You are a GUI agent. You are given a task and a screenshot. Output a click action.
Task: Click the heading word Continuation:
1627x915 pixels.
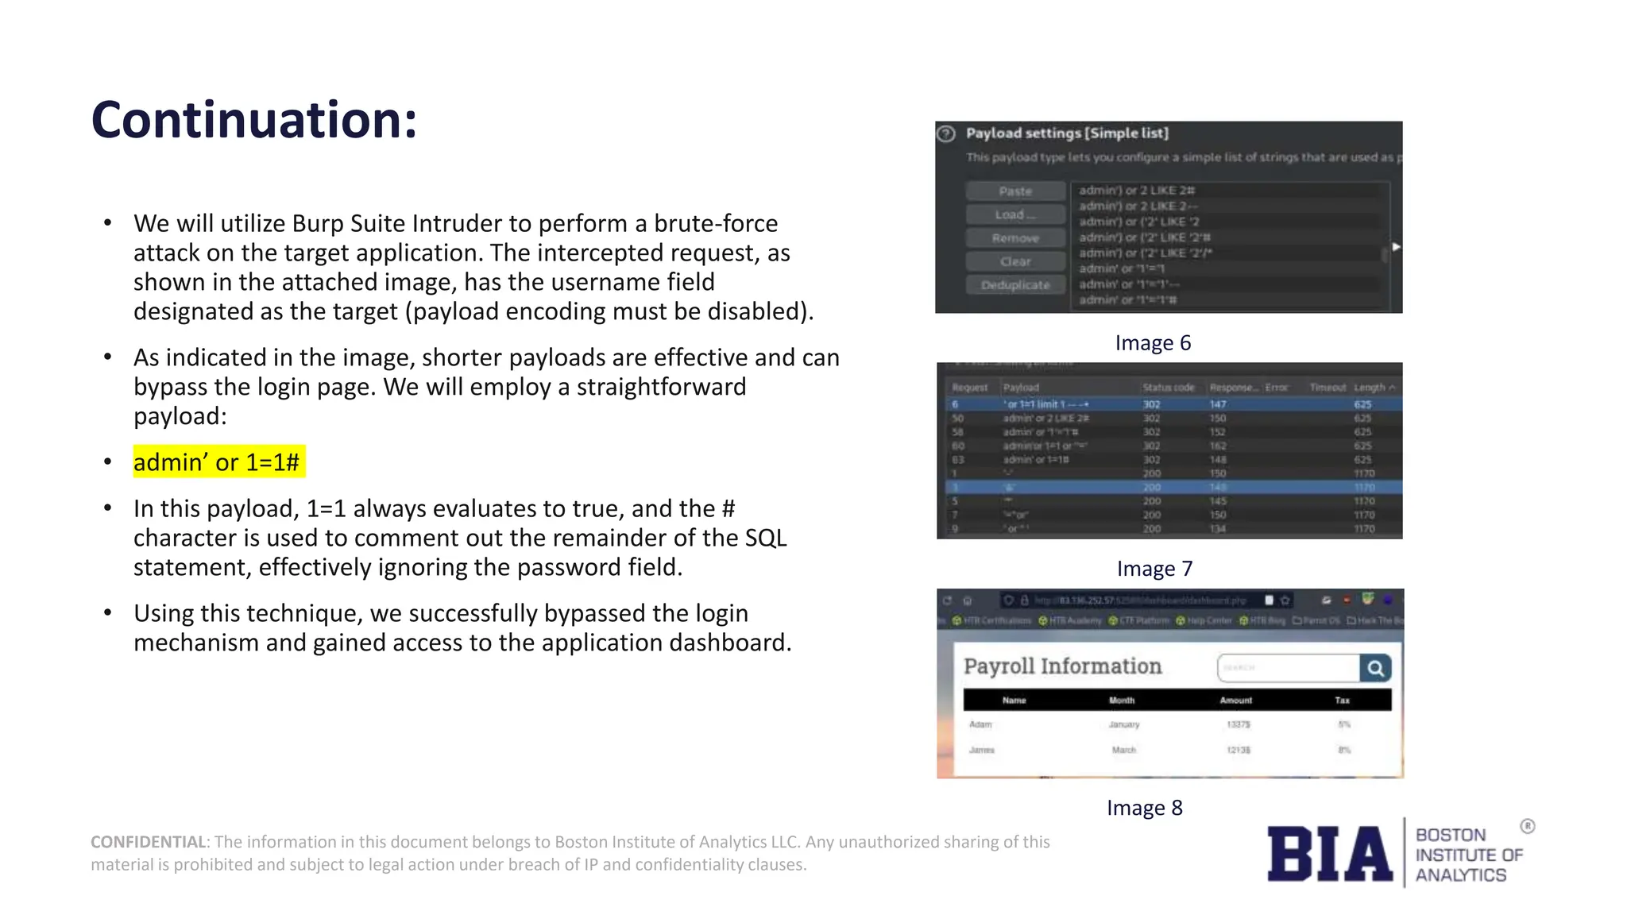tap(254, 120)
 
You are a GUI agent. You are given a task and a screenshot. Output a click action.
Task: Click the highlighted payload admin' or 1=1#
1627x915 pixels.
tap(217, 462)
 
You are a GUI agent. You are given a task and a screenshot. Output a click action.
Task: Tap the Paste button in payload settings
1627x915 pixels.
tap(1015, 191)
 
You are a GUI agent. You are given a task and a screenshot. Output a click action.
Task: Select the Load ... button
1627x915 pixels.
tap(1015, 214)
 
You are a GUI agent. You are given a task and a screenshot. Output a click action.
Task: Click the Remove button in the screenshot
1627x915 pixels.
tap(1015, 238)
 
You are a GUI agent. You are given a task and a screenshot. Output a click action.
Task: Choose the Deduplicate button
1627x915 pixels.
tap(1015, 285)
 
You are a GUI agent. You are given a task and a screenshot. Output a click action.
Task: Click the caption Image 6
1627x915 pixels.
tap(1153, 343)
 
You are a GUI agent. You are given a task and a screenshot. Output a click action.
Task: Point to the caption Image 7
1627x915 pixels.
tap(1154, 569)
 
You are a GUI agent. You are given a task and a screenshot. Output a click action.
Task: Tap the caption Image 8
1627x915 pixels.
tap(1144, 808)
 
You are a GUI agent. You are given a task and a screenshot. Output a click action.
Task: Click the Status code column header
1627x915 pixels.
tap(1168, 388)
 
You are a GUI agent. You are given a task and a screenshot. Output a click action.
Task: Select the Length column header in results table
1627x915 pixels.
tap(1370, 388)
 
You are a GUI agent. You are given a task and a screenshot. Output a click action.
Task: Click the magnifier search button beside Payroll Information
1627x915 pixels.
tap(1375, 668)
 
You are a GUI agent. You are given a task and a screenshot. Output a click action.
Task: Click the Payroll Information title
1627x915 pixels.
tap(1062, 666)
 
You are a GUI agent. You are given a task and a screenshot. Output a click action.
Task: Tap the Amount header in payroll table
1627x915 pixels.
tap(1235, 701)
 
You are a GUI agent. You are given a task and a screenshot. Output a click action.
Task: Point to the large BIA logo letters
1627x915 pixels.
tap(1329, 854)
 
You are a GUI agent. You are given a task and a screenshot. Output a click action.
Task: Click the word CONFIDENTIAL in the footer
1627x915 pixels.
tap(148, 842)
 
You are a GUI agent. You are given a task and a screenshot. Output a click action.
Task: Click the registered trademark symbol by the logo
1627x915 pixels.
tap(1528, 827)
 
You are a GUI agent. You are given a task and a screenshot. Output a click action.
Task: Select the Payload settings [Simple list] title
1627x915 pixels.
tap(1067, 133)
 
